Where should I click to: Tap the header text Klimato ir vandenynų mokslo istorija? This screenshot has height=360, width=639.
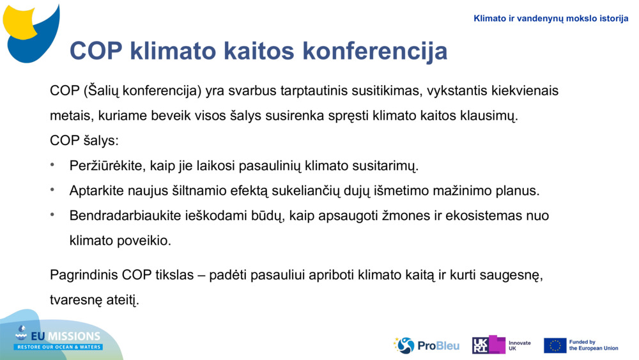point(551,19)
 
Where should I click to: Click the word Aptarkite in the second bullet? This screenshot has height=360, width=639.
point(95,191)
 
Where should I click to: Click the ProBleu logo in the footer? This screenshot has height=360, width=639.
point(426,345)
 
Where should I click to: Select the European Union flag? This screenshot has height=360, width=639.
point(555,345)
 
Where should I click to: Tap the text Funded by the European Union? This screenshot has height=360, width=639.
point(593,345)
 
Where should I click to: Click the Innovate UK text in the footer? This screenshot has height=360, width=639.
point(520,346)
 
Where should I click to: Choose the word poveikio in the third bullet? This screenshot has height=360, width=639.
point(148,241)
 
